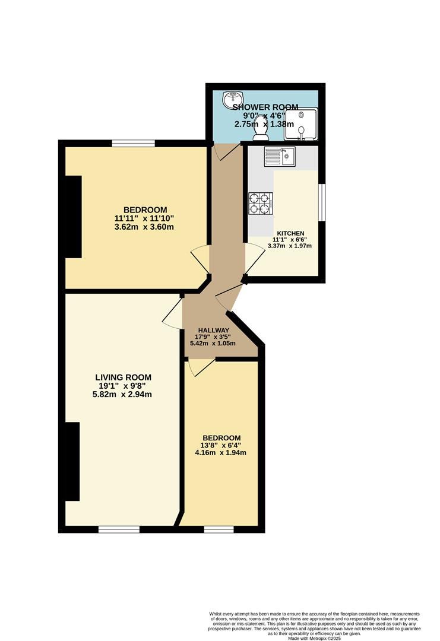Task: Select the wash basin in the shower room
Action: click(x=233, y=98)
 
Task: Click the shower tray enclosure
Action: click(x=301, y=124)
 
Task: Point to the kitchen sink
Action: click(x=280, y=156)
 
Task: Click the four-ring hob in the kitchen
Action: click(x=261, y=204)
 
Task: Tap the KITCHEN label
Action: click(x=290, y=233)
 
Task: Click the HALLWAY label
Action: click(x=213, y=331)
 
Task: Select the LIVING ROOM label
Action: click(x=123, y=377)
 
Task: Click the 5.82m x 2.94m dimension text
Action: click(x=122, y=395)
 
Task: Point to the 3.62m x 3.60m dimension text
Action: click(x=144, y=227)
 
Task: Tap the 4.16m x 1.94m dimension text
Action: click(x=221, y=452)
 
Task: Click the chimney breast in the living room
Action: click(x=72, y=462)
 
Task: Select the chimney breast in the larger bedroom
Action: click(x=74, y=217)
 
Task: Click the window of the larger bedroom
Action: click(x=134, y=143)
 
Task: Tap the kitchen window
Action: click(x=322, y=202)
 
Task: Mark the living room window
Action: click(x=119, y=529)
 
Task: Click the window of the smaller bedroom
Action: click(x=219, y=529)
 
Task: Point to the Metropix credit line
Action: click(x=315, y=638)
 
